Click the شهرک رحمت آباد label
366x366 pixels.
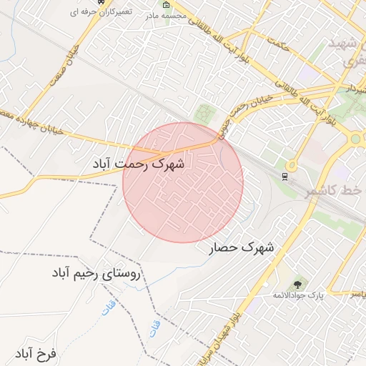[x=139, y=164]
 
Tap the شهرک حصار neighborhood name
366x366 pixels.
[x=242, y=248]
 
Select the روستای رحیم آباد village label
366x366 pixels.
[x=97, y=273]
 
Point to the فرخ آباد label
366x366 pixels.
[x=34, y=353]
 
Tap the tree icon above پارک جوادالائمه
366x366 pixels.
[x=297, y=285]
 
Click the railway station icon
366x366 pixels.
[x=286, y=177]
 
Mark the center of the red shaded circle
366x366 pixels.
[x=183, y=182]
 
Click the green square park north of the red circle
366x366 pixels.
[x=206, y=114]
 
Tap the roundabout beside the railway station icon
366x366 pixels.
[x=355, y=138]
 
